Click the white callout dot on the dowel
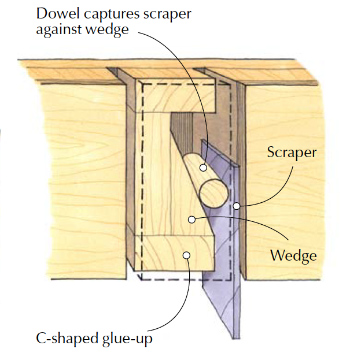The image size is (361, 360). coord(203,168)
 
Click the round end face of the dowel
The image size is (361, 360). coord(213,192)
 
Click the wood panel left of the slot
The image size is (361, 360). coord(64,173)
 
